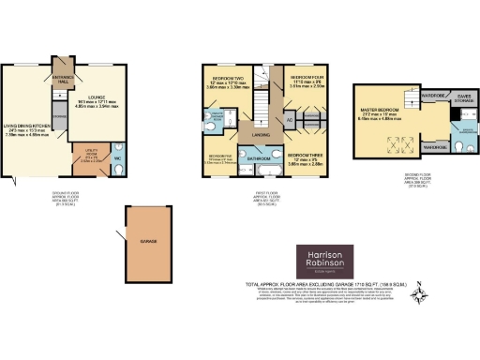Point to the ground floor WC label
tap(116, 157)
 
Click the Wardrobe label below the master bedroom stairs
tap(434, 146)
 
